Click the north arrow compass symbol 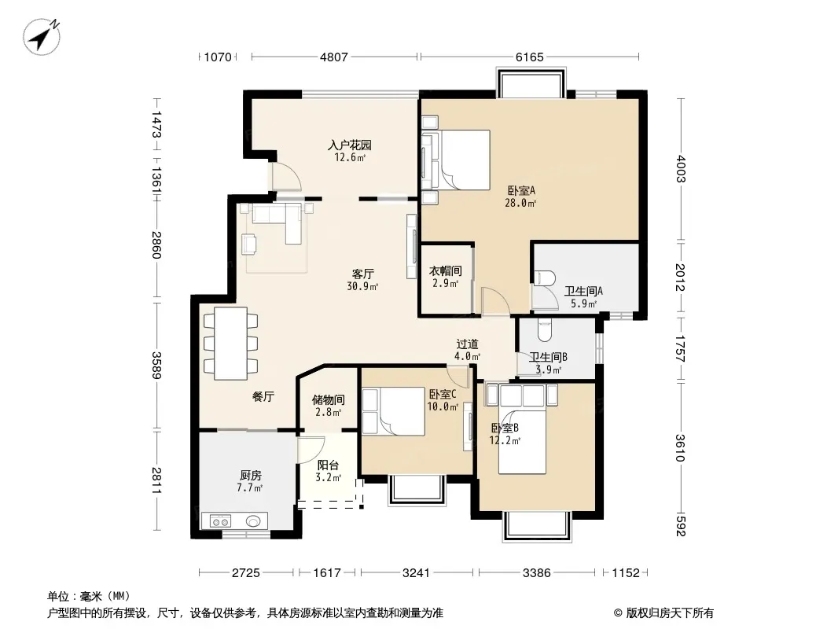click(42, 36)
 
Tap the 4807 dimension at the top click(334, 57)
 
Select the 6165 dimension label click(530, 57)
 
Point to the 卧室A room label click(521, 190)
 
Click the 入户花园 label click(350, 145)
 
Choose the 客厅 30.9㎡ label click(362, 280)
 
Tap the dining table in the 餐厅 click(230, 343)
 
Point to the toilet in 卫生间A click(545, 279)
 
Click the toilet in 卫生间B click(545, 329)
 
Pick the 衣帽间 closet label click(446, 271)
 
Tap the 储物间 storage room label click(328, 399)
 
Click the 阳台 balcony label click(328, 465)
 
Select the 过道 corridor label click(467, 344)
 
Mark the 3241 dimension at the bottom click(416, 573)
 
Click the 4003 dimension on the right click(680, 168)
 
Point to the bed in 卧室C click(393, 411)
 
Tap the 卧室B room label click(505, 428)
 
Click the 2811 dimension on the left click(156, 480)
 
